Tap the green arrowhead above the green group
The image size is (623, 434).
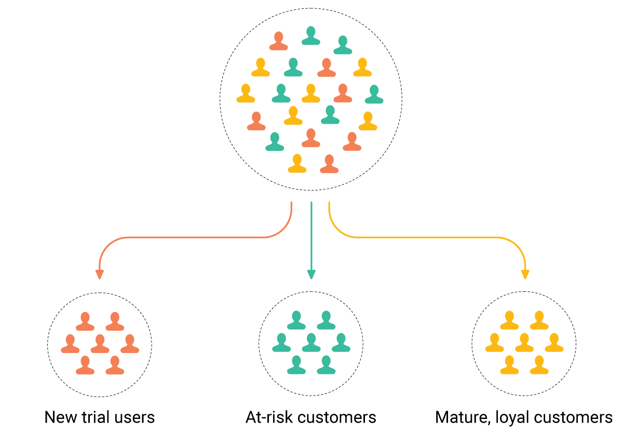pyautogui.click(x=311, y=274)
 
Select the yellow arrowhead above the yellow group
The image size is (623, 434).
pyautogui.click(x=525, y=274)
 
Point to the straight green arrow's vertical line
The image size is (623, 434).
pyautogui.click(x=311, y=234)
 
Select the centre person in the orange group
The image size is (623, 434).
pyautogui.click(x=100, y=344)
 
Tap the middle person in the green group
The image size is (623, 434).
pyautogui.click(x=311, y=343)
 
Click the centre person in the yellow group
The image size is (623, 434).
pyautogui.click(x=524, y=343)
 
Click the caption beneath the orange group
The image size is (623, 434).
pyautogui.click(x=100, y=416)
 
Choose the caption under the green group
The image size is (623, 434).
pyautogui.click(x=311, y=416)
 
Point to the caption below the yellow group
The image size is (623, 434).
pyautogui.click(x=524, y=416)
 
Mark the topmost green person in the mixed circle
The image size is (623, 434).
pyautogui.click(x=311, y=36)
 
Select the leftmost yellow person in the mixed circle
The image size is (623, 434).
pyautogui.click(x=246, y=93)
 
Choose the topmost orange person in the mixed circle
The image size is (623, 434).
pyautogui.click(x=279, y=41)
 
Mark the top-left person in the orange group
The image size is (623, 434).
pyautogui.click(x=85, y=321)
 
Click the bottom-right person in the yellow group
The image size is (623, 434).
pyautogui.click(x=539, y=365)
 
